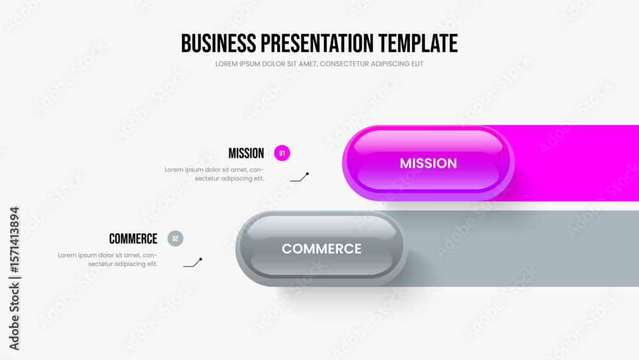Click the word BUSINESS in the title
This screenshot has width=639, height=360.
pyautogui.click(x=219, y=43)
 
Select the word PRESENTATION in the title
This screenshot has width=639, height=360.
pyautogui.click(x=317, y=43)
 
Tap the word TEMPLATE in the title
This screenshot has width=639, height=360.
pyautogui.click(x=418, y=43)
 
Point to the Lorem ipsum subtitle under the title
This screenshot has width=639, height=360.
pyautogui.click(x=319, y=64)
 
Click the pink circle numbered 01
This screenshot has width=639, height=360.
pyautogui.click(x=282, y=153)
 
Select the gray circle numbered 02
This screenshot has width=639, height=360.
pyautogui.click(x=175, y=239)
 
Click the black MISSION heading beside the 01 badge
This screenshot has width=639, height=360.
pyautogui.click(x=246, y=153)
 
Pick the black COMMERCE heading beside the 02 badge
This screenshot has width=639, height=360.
pyautogui.click(x=134, y=239)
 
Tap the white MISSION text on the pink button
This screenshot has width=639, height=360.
pyautogui.click(x=428, y=164)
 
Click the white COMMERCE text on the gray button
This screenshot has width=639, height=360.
pyautogui.click(x=321, y=249)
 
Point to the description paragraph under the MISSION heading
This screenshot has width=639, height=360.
pyautogui.click(x=214, y=174)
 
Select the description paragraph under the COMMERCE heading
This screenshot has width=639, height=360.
pyautogui.click(x=107, y=260)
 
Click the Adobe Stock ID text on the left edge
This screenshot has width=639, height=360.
pyautogui.click(x=14, y=278)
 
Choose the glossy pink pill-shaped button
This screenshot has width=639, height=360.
pyautogui.click(x=428, y=163)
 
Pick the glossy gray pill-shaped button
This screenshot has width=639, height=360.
pyautogui.click(x=321, y=249)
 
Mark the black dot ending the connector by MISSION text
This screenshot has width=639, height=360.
pyautogui.click(x=307, y=174)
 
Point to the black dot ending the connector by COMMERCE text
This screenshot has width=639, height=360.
pyautogui.click(x=201, y=260)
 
